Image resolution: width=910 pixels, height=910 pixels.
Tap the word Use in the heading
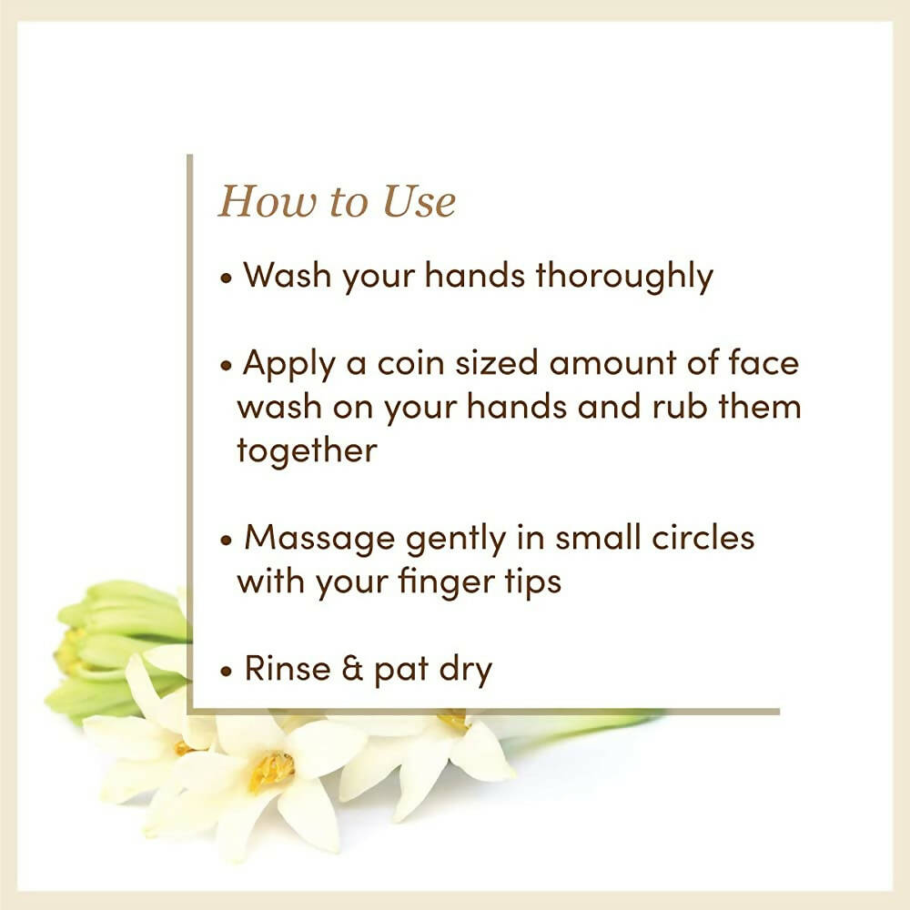418,201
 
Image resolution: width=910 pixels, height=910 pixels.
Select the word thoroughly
624,277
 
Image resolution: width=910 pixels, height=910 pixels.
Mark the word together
307,450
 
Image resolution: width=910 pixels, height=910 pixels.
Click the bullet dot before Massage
227,540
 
